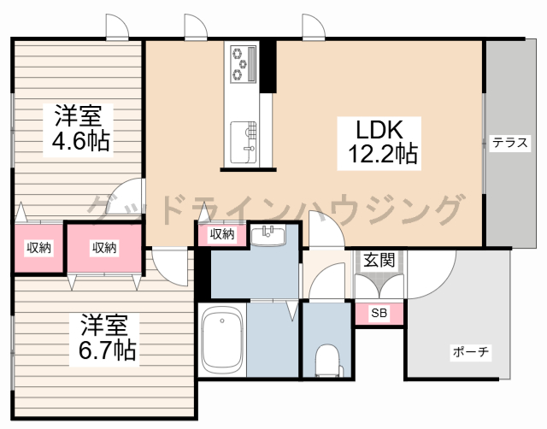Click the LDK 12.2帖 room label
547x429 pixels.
coord(379,144)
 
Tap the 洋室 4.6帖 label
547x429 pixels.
coord(78,130)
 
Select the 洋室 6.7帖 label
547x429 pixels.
coord(104,339)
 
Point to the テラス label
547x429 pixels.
coord(510,143)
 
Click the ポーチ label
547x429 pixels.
coord(471,352)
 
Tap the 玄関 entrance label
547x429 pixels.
coord(379,260)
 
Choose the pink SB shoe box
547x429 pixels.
coord(379,314)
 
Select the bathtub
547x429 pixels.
coord(222,340)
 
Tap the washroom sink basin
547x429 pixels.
coord(268,236)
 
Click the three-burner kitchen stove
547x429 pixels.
coord(243,63)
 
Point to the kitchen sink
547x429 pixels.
coord(243,143)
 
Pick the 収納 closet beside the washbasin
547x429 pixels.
coord(222,233)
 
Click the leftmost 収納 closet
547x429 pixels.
coord(38,248)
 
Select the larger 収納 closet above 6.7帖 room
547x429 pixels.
coord(104,248)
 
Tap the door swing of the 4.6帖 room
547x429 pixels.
coord(127,197)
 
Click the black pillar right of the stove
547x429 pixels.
coord(268,67)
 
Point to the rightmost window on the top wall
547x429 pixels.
coord(314,26)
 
